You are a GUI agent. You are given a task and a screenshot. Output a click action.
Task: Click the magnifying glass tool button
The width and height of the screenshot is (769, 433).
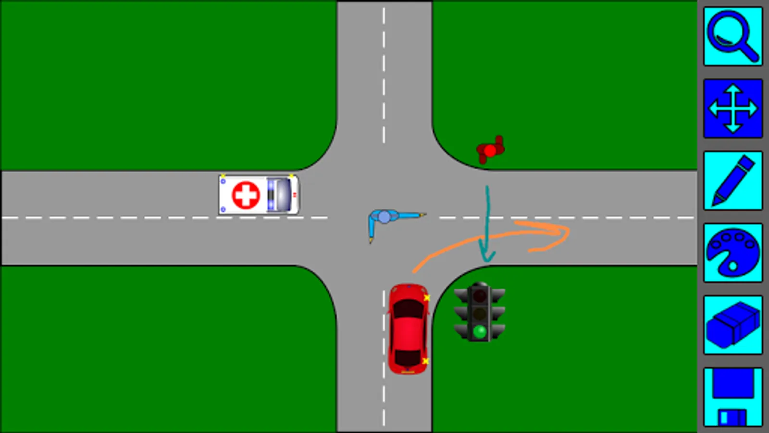pyautogui.click(x=732, y=37)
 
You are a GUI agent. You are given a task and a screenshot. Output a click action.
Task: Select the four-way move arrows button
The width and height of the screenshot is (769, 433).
pyautogui.click(x=732, y=108)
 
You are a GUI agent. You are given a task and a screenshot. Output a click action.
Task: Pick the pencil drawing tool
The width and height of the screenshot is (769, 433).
pyautogui.click(x=732, y=180)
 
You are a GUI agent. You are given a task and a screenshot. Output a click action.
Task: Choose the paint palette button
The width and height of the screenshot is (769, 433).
pyautogui.click(x=732, y=253)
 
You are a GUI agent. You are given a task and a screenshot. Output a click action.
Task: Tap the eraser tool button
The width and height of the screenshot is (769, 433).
pyautogui.click(x=732, y=325)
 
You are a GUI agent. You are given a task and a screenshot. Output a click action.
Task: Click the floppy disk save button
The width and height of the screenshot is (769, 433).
pyautogui.click(x=732, y=397)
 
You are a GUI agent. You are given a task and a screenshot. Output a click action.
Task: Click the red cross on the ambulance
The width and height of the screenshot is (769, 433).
pyautogui.click(x=246, y=195)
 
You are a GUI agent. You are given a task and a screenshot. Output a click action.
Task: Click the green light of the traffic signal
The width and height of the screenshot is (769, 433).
pyautogui.click(x=479, y=331)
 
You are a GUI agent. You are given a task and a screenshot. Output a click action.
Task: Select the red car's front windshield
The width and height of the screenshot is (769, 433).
pyautogui.click(x=408, y=308)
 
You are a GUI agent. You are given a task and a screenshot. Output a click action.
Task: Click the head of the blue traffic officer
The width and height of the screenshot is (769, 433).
pyautogui.click(x=384, y=217)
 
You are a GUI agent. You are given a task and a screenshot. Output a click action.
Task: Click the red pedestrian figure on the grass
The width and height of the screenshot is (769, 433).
pyautogui.click(x=490, y=151)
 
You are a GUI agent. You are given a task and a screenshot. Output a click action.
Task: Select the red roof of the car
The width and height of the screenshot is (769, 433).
pyautogui.click(x=408, y=332)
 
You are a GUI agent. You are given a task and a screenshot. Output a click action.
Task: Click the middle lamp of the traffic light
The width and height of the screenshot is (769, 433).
pyautogui.click(x=479, y=314)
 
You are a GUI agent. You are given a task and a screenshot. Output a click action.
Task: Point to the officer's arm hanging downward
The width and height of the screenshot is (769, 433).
pyautogui.click(x=371, y=229)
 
